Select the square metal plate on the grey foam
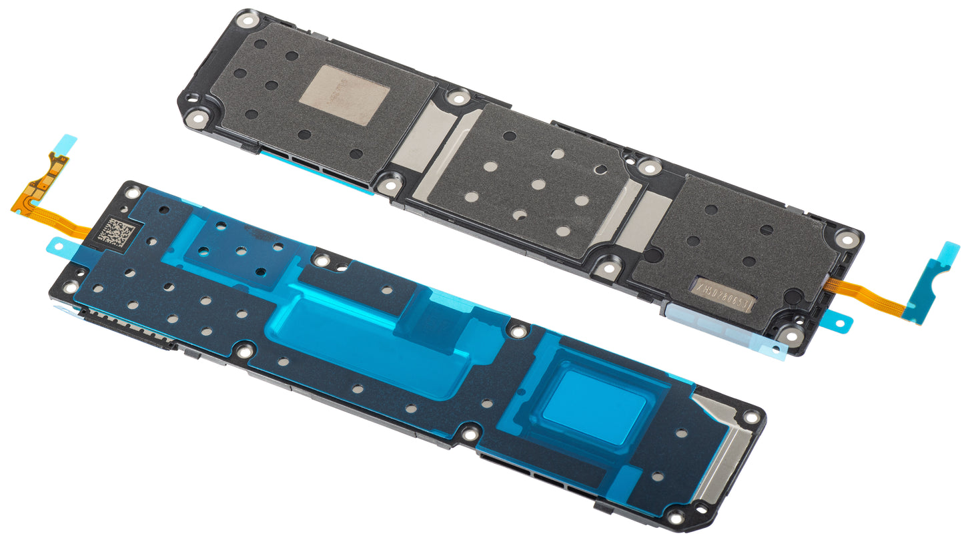[344, 94]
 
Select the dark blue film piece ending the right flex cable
[934, 280]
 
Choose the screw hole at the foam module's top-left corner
[248, 20]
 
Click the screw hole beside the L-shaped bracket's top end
[751, 416]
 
